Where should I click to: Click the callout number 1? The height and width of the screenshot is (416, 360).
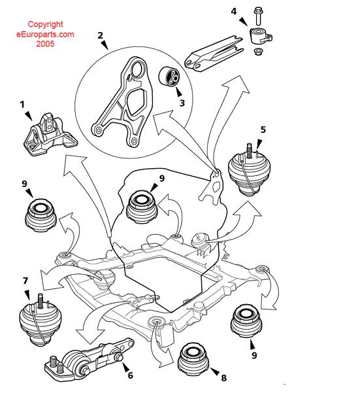[x=22, y=105]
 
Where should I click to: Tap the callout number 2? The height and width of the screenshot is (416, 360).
[x=101, y=36]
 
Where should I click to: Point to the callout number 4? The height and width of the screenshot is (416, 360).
[x=234, y=11]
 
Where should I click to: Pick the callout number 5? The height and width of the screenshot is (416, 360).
[x=262, y=130]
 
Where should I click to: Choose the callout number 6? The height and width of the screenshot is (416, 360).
[x=129, y=375]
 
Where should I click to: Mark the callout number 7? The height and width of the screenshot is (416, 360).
[x=25, y=281]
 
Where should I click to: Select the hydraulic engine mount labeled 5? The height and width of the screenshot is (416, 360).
[x=249, y=172]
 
